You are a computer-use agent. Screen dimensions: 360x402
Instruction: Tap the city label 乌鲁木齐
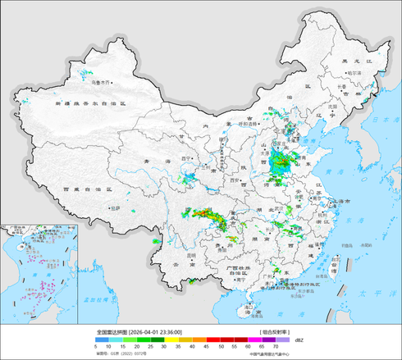(x=100, y=83)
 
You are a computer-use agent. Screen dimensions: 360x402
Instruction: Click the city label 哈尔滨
(x=354, y=72)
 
